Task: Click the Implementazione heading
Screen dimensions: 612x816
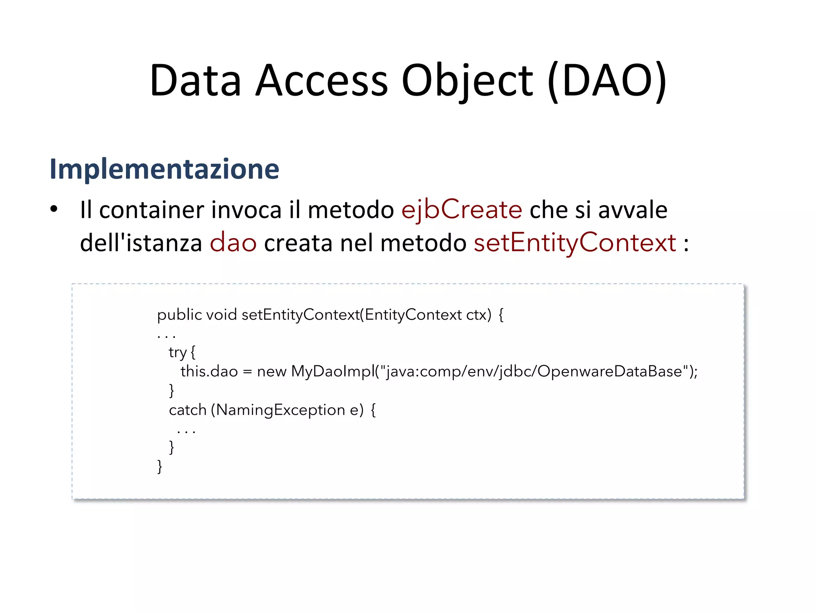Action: [164, 169]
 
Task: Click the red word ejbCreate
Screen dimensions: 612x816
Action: [461, 210]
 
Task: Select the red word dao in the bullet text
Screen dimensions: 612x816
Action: [233, 243]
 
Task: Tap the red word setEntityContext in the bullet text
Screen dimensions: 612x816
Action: [575, 243]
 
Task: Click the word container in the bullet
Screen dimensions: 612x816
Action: [151, 210]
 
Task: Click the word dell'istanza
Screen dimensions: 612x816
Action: [141, 243]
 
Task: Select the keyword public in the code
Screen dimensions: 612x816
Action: [179, 315]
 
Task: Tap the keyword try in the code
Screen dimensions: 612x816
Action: [177, 352]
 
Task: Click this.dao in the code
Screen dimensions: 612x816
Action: [209, 371]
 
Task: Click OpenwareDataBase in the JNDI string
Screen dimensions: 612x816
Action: [610, 371]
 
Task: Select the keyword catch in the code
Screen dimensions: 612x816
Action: [187, 410]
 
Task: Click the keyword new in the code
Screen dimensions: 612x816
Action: [272, 371]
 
